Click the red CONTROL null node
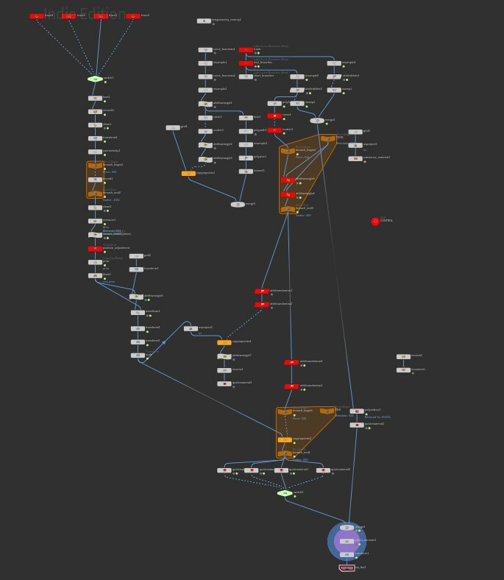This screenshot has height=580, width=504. [375, 221]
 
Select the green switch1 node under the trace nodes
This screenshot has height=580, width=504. [95, 79]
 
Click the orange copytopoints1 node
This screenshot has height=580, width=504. [188, 173]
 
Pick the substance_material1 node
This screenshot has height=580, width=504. [355, 158]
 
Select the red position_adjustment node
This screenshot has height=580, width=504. [95, 249]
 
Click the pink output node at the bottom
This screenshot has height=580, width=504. [347, 567]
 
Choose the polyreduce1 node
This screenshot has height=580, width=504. [357, 411]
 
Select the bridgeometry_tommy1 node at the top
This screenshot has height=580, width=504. [204, 21]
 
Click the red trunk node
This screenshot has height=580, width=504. [246, 50]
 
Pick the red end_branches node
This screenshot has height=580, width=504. [246, 63]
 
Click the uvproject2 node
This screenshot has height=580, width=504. [191, 328]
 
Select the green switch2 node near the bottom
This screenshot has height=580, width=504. [285, 493]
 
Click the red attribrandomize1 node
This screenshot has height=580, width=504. [262, 291]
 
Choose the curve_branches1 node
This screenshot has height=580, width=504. [205, 50]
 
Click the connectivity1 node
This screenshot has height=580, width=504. [95, 152]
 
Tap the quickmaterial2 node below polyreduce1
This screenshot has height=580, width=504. [357, 425]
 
